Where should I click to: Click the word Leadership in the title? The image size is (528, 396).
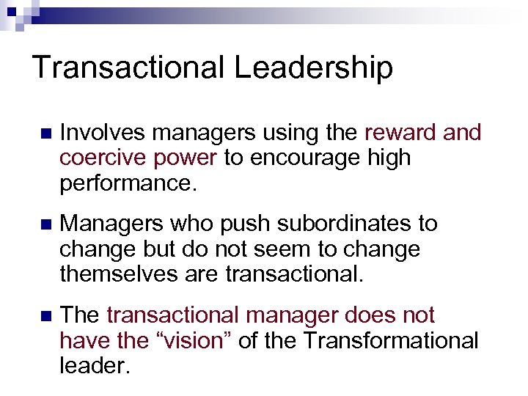point(313,68)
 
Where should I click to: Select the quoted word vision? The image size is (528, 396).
point(183,340)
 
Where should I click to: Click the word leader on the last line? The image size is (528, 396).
point(95,365)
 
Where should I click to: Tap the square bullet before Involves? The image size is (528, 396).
point(46,134)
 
